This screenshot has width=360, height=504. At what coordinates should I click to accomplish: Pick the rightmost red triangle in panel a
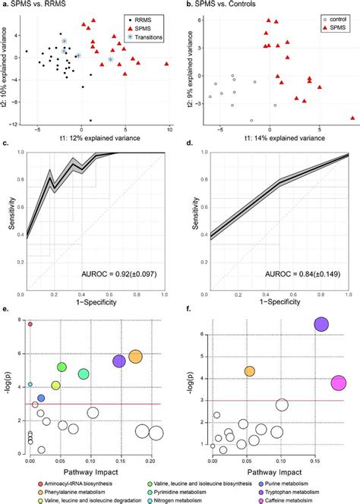point(167,64)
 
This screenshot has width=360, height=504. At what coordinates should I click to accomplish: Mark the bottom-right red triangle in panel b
point(353,118)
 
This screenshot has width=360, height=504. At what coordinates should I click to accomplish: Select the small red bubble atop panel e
point(30,324)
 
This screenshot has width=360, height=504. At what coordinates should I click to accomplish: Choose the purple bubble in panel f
point(321,324)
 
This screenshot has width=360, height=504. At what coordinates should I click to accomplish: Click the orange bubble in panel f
point(249,370)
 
